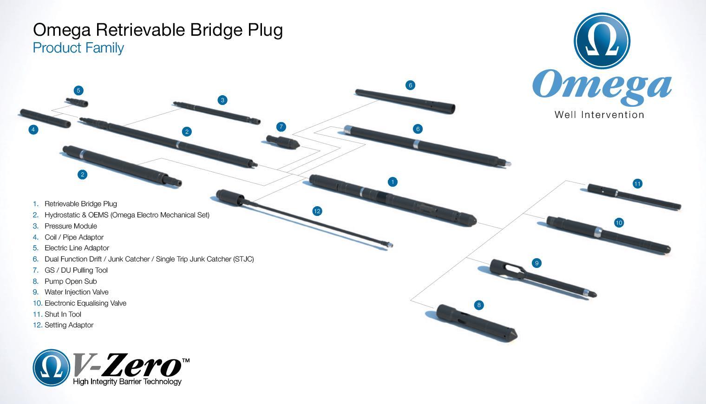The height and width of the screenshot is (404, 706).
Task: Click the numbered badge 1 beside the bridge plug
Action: click(x=392, y=182)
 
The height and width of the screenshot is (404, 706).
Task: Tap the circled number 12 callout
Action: click(x=317, y=211)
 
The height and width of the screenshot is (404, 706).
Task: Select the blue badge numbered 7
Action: click(x=281, y=127)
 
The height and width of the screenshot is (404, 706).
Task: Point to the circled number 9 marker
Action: click(x=537, y=263)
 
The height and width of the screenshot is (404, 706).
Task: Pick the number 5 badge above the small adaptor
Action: click(x=78, y=91)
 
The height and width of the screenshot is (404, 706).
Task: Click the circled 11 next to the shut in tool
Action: click(x=637, y=184)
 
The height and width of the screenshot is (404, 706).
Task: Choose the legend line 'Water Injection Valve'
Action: click(x=76, y=292)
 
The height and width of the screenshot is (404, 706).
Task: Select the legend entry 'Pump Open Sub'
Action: click(x=71, y=281)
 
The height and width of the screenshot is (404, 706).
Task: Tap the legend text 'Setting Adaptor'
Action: click(x=69, y=325)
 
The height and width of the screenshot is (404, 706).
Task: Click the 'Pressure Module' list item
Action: click(x=71, y=226)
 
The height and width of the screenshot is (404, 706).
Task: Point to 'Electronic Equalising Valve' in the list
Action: click(x=85, y=303)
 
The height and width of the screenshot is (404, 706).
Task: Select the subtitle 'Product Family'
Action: click(x=78, y=48)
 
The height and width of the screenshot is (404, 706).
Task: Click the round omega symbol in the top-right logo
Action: click(x=602, y=39)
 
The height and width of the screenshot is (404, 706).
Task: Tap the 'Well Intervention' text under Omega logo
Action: click(x=599, y=115)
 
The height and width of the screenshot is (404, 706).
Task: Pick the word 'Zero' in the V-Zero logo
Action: click(x=142, y=365)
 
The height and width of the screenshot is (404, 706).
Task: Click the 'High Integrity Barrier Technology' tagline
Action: click(x=127, y=382)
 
